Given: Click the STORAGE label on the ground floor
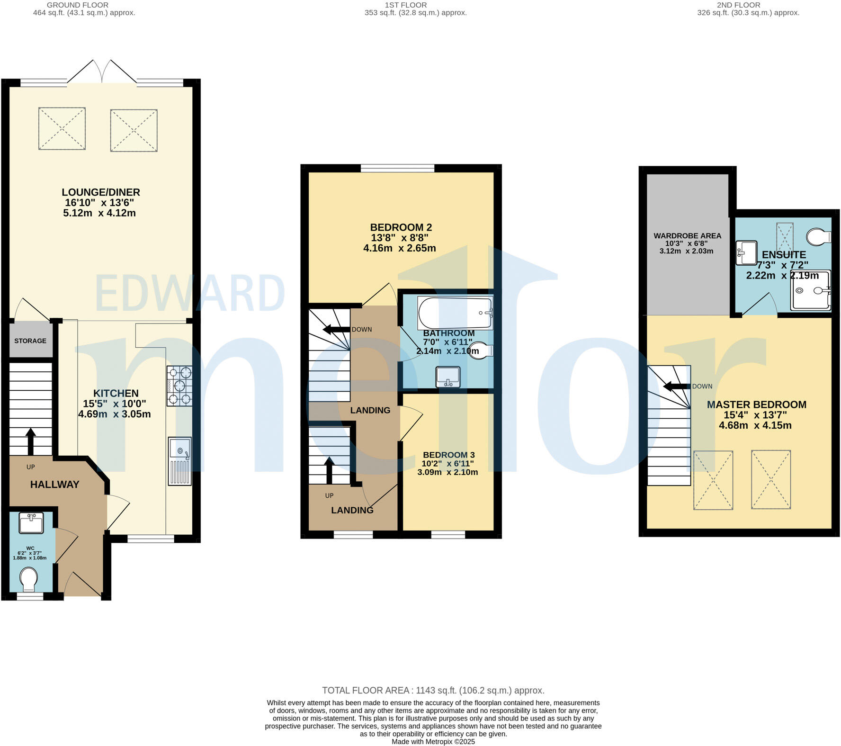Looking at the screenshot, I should [30, 341].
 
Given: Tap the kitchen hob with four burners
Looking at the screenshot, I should [179, 386].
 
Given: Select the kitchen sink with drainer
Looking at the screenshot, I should [180, 461].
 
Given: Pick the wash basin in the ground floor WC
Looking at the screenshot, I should [31, 523].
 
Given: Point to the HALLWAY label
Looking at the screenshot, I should [54, 484].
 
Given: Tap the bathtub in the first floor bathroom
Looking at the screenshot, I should [455, 313].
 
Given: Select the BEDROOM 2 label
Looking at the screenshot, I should [401, 227].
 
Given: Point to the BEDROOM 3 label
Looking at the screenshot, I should [448, 455].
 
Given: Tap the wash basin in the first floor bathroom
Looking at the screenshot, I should [448, 377].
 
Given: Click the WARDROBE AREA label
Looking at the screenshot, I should [687, 235].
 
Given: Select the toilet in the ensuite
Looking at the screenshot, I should [819, 236].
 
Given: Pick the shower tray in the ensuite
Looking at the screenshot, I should [811, 290].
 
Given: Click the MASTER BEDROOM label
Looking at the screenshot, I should [756, 404].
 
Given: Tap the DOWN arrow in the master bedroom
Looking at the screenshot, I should [677, 386].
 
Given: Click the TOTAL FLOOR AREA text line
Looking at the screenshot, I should [433, 690].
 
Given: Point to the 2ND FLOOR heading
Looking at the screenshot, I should [738, 5].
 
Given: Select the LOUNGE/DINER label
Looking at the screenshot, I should [100, 192].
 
